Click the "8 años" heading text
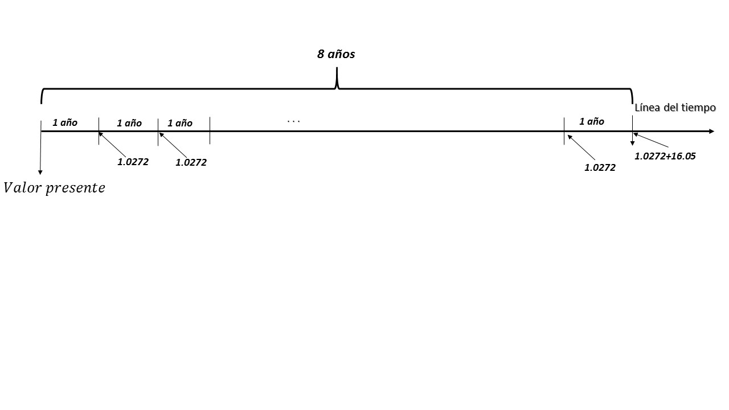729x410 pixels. click(336, 54)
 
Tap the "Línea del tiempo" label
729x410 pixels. click(675, 108)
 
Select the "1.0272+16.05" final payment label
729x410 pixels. click(665, 156)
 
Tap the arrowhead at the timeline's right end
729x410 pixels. click(711, 132)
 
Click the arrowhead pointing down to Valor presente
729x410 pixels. click(40, 172)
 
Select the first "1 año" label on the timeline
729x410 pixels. click(65, 122)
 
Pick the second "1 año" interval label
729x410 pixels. click(129, 123)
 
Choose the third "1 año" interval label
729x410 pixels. click(180, 123)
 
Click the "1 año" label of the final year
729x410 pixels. click(592, 121)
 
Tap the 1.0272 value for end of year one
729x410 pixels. click(133, 162)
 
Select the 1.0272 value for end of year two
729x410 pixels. click(191, 162)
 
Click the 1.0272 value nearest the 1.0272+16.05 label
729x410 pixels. click(600, 167)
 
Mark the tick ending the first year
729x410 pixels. click(99, 131)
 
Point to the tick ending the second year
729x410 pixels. click(158, 132)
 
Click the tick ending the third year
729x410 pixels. click(210, 131)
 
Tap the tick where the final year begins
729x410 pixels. click(564, 131)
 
